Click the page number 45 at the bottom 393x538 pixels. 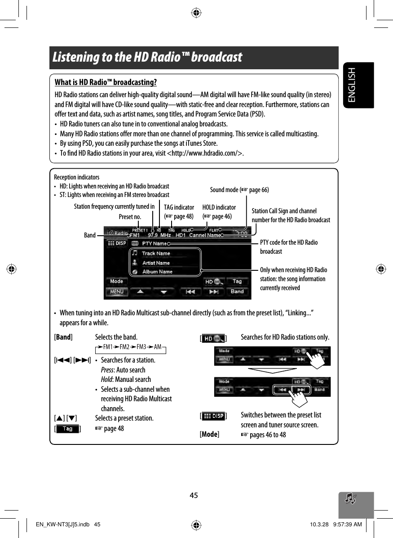(x=194, y=495)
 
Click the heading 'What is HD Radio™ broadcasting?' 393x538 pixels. (x=106, y=83)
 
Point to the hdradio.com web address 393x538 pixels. (x=206, y=153)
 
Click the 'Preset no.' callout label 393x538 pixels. (x=130, y=217)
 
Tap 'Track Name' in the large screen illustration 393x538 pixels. (x=156, y=253)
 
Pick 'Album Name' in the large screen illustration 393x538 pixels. (x=157, y=272)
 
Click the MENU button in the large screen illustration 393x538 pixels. (x=117, y=291)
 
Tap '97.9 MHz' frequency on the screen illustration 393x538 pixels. (x=159, y=234)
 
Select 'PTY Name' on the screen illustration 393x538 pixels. (x=155, y=243)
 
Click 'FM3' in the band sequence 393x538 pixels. (x=141, y=347)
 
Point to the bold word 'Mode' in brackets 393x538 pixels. (x=209, y=435)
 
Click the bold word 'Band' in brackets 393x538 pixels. (x=63, y=337)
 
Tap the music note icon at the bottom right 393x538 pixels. (x=350, y=498)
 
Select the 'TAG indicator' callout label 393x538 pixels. (x=179, y=207)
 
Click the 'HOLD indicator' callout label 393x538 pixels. (x=219, y=207)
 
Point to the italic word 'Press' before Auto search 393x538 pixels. (x=108, y=370)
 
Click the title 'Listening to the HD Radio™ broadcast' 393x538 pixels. (x=147, y=58)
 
